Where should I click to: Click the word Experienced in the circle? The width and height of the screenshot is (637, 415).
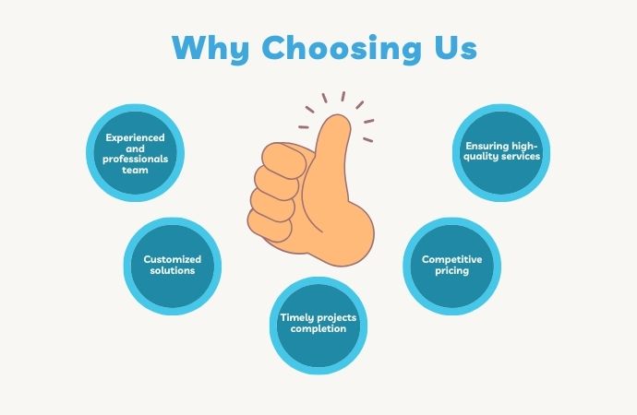click(135, 137)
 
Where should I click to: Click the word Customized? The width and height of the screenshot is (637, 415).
click(173, 260)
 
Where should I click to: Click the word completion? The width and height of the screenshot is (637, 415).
click(318, 328)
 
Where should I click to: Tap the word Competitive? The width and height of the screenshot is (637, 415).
click(452, 260)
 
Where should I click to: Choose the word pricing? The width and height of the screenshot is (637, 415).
click(452, 271)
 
